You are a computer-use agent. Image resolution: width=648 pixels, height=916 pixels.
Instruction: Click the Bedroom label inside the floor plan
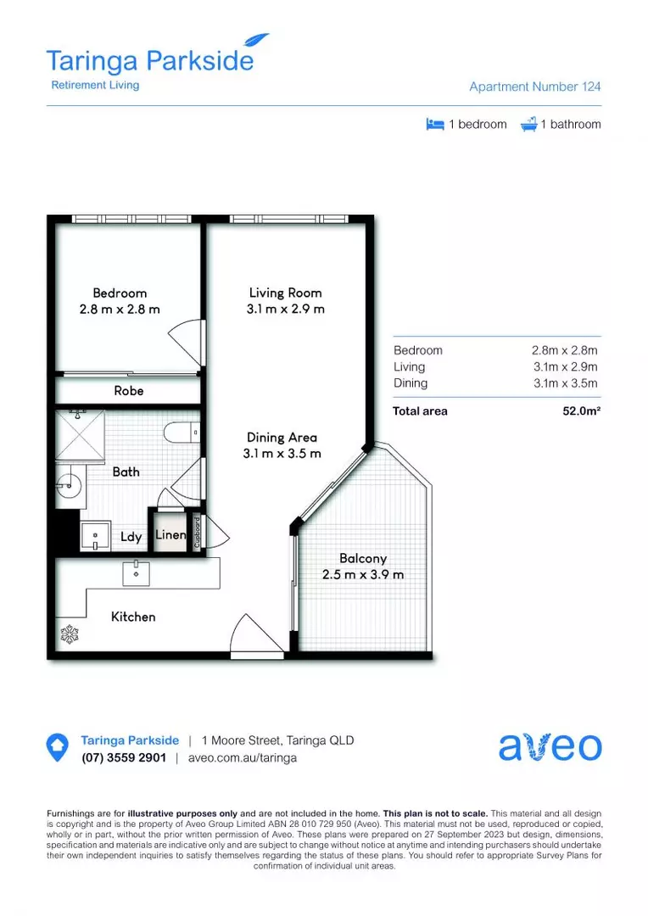120,293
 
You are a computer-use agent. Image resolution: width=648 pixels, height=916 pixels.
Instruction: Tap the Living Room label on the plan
285,293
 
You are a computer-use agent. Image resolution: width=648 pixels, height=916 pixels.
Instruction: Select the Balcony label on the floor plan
363,559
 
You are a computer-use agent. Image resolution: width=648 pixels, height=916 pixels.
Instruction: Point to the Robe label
129,391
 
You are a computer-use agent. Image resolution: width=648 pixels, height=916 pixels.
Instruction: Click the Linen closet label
170,535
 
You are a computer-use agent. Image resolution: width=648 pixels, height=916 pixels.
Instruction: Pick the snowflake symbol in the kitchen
68,633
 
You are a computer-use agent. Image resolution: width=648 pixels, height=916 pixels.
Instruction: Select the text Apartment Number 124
535,87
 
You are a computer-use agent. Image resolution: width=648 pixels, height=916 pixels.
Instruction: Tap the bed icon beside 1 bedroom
435,124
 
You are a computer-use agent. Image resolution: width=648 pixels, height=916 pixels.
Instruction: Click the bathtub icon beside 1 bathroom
528,124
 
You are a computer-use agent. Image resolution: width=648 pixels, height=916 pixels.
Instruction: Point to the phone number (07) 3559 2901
124,758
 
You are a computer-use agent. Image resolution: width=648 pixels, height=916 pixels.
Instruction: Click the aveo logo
550,746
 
